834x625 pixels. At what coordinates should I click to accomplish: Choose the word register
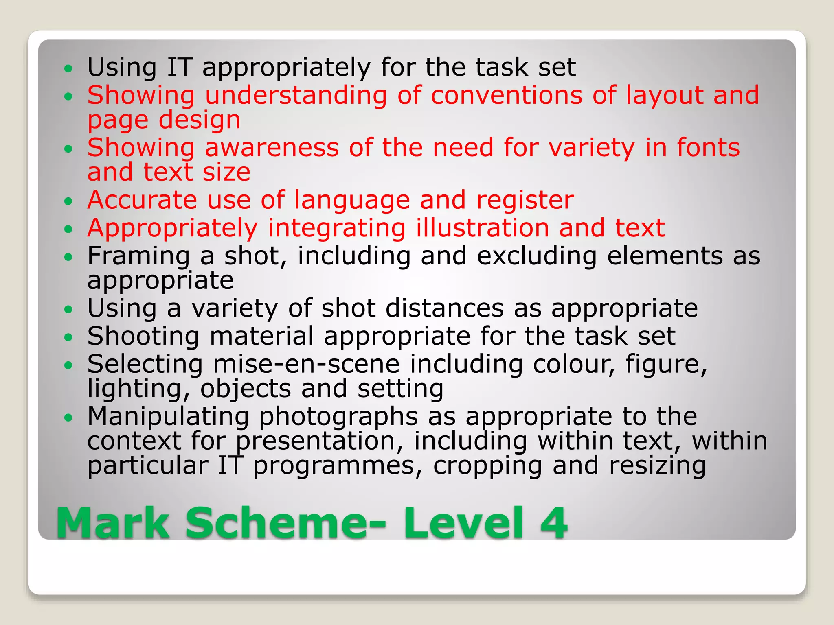pyautogui.click(x=525, y=200)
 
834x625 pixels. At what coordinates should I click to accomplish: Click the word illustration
pyautogui.click(x=482, y=228)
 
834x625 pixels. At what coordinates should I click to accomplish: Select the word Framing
pyautogui.click(x=138, y=256)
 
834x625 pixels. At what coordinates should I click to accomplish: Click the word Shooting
pyautogui.click(x=143, y=337)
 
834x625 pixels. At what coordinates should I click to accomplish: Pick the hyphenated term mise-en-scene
pyautogui.click(x=306, y=364)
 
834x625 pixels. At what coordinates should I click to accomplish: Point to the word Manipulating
pyautogui.click(x=168, y=417)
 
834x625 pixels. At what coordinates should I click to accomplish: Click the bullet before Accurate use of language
pyautogui.click(x=68, y=201)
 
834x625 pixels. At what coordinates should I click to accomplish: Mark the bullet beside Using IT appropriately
pyautogui.click(x=68, y=68)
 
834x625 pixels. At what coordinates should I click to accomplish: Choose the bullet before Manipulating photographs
pyautogui.click(x=68, y=417)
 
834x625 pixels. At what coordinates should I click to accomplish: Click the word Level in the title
pyautogui.click(x=465, y=523)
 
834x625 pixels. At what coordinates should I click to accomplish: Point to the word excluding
pyautogui.click(x=537, y=256)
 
